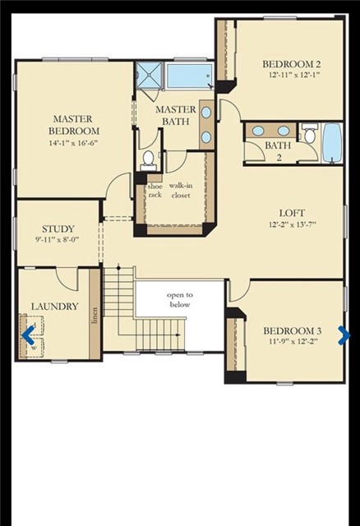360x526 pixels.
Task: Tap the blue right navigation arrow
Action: click(x=344, y=335)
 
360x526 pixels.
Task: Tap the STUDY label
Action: click(x=58, y=229)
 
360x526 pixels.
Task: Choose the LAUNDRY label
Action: click(x=54, y=307)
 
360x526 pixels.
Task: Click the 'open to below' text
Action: click(x=179, y=299)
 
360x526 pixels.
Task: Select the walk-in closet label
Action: click(x=181, y=191)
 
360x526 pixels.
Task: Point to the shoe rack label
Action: click(x=154, y=191)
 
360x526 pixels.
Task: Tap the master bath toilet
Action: click(x=148, y=158)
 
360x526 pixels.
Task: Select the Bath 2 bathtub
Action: click(x=330, y=143)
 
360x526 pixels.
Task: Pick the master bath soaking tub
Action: click(x=189, y=76)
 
